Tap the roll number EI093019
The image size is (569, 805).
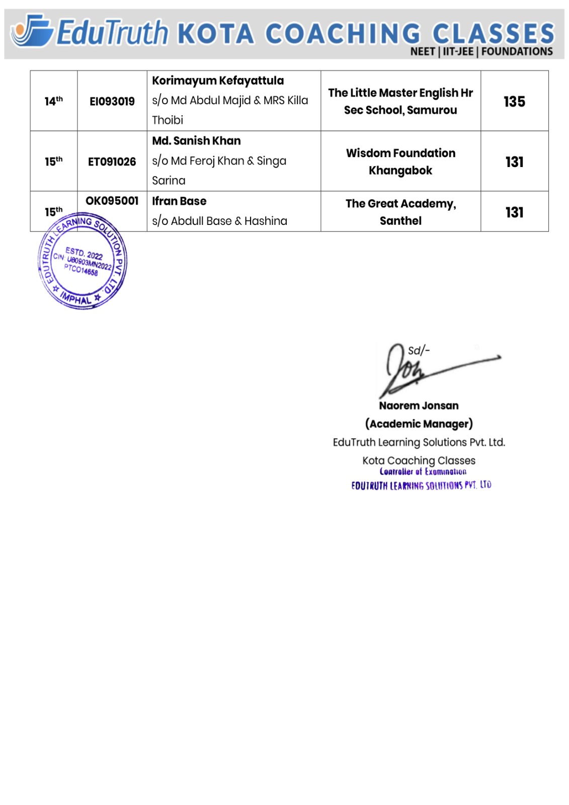coord(112,102)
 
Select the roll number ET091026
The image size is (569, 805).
coord(112,162)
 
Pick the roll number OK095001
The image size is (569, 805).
coord(112,201)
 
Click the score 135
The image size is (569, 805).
coord(514,102)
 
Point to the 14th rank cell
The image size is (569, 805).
coord(53,101)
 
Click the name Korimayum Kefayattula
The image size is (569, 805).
coord(218,81)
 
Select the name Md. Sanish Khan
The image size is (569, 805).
coord(196,141)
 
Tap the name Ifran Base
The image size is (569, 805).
coord(179,201)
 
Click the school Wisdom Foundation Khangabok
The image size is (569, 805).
coord(400,162)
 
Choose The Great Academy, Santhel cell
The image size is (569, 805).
coord(400,212)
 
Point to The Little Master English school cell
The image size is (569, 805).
coord(400,101)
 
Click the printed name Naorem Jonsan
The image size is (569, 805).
coord(419,406)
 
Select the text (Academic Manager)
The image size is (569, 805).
coord(419,424)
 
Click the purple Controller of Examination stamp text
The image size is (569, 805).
coord(423,472)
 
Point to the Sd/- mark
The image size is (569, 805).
coord(419,351)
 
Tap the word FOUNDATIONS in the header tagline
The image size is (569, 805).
coord(517,51)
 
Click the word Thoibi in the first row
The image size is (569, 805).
coord(168,120)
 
